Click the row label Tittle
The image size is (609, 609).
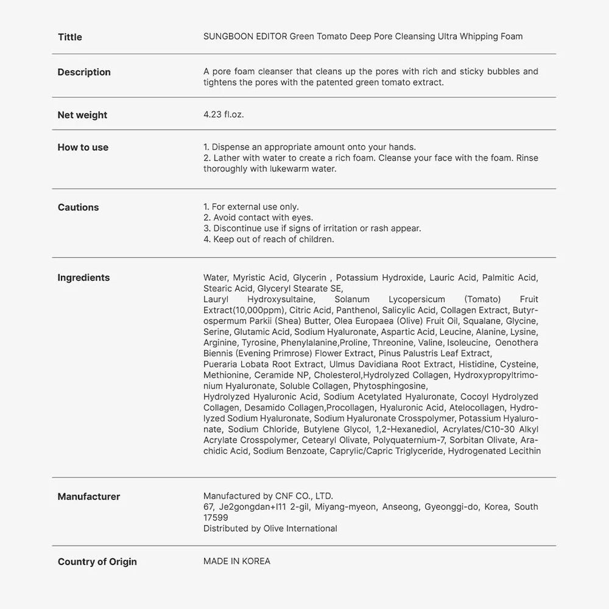69,37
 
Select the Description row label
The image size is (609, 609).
84,72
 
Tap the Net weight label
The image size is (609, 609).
82,115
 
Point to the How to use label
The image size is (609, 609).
83,147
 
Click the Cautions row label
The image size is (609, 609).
78,208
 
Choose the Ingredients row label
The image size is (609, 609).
83,278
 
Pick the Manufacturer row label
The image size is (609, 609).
89,497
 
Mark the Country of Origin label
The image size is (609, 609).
97,562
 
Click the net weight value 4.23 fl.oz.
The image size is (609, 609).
224,114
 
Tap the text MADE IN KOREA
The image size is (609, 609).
237,561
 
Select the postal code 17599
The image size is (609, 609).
216,518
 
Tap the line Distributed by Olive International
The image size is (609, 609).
270,529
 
